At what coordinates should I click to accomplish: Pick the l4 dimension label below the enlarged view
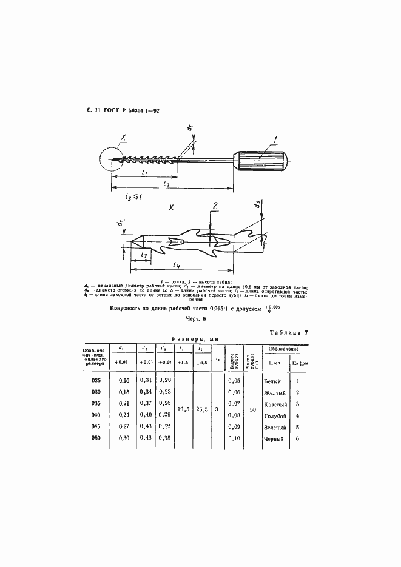[175, 264]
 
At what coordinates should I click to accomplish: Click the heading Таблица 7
[288, 333]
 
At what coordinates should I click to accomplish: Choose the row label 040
[95, 415]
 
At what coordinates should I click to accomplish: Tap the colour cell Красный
[275, 404]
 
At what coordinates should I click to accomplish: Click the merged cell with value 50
[252, 409]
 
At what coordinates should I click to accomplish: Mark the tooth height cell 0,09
[234, 427]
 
